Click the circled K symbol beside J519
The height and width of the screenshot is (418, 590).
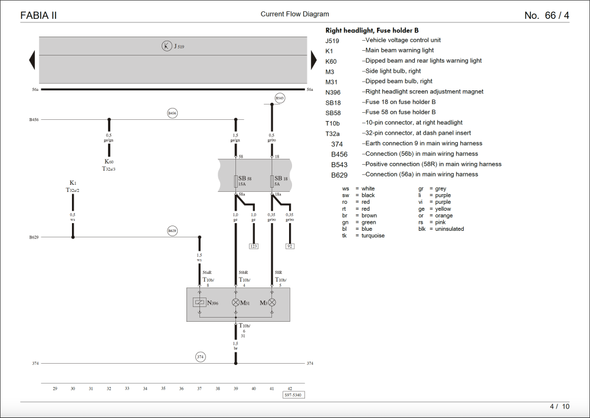167,46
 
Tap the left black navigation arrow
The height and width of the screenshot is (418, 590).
32,60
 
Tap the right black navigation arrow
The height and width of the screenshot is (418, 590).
314,60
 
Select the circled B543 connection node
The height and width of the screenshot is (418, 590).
280,97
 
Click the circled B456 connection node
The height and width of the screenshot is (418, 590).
172,113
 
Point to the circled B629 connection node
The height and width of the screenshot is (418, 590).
172,231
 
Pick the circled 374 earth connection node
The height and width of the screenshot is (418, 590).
201,357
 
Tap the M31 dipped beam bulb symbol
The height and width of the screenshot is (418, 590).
236,303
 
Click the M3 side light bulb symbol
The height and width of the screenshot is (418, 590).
272,303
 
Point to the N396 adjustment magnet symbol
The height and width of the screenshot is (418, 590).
199,303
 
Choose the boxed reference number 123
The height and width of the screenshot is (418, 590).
254,246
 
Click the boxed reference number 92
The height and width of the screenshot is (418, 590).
290,246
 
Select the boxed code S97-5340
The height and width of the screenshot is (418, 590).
294,395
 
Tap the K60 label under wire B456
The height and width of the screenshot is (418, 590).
109,162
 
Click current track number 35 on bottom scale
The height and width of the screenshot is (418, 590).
163,388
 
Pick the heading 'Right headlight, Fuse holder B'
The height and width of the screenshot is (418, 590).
372,30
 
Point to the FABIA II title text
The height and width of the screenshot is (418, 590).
39,16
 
